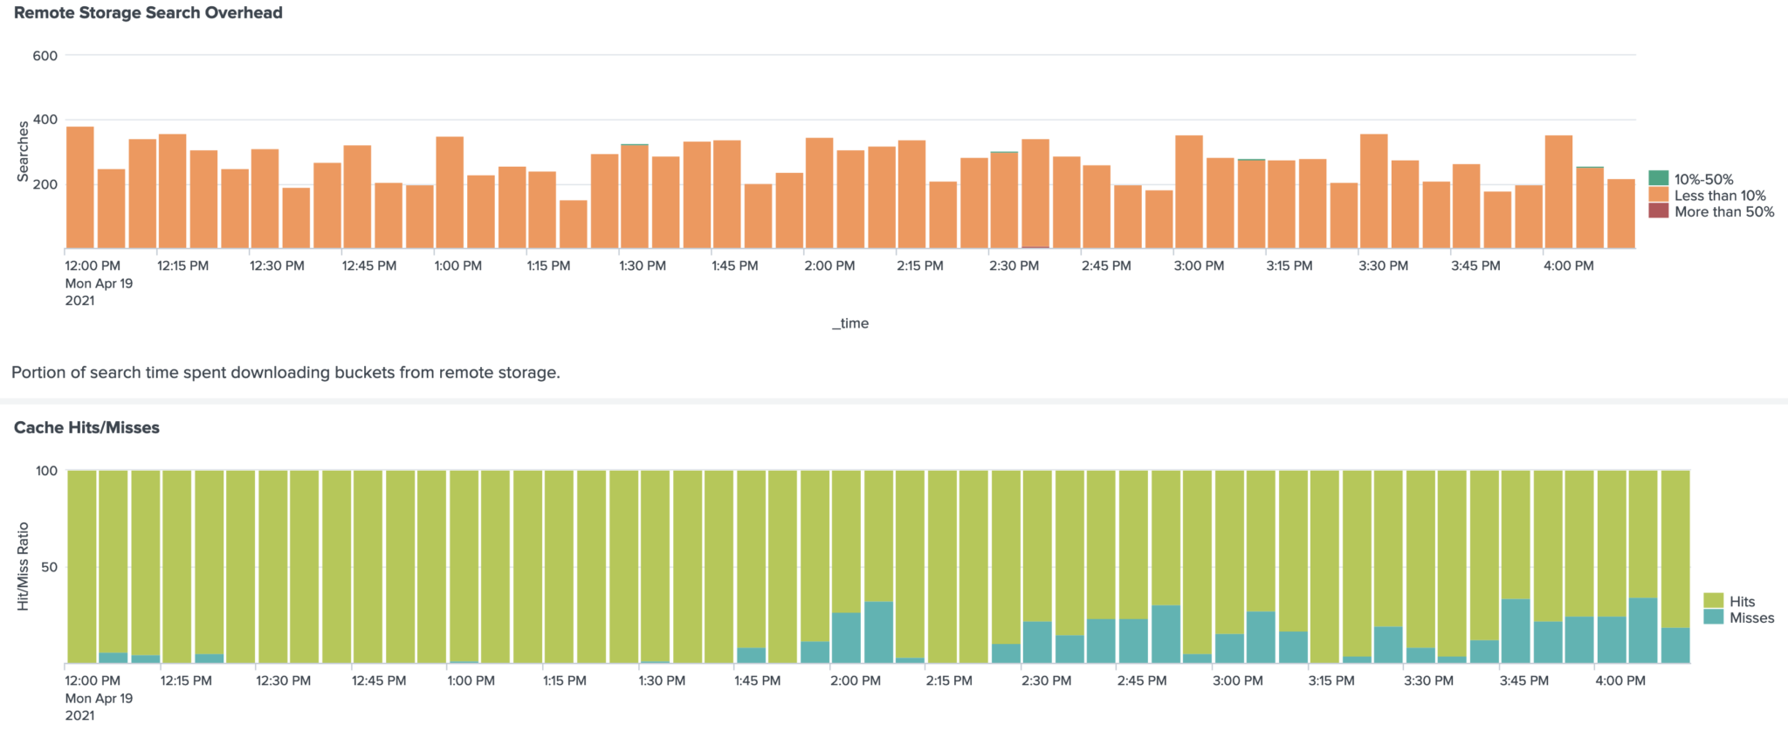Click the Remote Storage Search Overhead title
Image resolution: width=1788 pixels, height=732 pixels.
[148, 13]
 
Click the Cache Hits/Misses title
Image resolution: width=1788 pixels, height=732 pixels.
[86, 427]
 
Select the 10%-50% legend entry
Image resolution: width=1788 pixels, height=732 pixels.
[1702, 179]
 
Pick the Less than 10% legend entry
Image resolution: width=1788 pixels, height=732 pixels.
[1719, 196]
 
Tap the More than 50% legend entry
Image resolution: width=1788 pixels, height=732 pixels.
[1723, 211]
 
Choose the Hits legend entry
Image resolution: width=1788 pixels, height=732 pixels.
[1741, 601]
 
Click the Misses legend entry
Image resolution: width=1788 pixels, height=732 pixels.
[1750, 618]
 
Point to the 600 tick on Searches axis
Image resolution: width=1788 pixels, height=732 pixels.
[45, 56]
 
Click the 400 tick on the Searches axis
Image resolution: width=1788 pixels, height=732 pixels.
[45, 120]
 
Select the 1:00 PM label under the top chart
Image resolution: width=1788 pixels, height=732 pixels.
[457, 266]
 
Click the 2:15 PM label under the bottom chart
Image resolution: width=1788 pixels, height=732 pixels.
[949, 680]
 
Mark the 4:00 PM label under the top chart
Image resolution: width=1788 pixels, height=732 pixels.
[1568, 266]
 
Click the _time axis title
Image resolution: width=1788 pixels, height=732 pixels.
[850, 323]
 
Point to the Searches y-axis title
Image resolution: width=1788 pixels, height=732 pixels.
[24, 151]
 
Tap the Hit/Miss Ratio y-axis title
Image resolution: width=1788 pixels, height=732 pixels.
[24, 566]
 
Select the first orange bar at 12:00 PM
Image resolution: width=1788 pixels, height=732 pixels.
[80, 188]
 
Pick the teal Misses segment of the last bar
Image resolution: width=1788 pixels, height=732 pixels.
[1675, 646]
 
